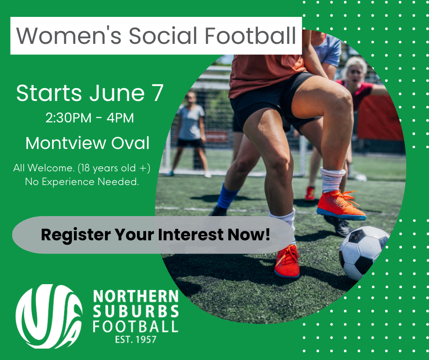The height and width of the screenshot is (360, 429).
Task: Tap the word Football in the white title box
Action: [250, 36]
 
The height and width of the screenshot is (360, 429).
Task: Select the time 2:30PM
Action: [68, 118]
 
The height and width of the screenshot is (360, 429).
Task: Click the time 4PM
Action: [120, 118]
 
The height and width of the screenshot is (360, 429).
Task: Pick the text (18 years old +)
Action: [114, 168]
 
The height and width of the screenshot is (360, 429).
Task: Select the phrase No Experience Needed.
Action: [82, 182]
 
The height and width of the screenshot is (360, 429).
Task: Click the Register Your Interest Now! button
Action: [153, 235]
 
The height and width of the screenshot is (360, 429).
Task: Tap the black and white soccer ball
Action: [364, 253]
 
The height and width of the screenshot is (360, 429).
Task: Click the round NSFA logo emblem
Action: [49, 317]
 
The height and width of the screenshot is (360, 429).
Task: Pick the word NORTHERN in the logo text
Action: [136, 296]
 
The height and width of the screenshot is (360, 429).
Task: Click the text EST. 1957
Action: [136, 340]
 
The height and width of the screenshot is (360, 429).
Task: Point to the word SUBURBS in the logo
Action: [136, 312]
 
